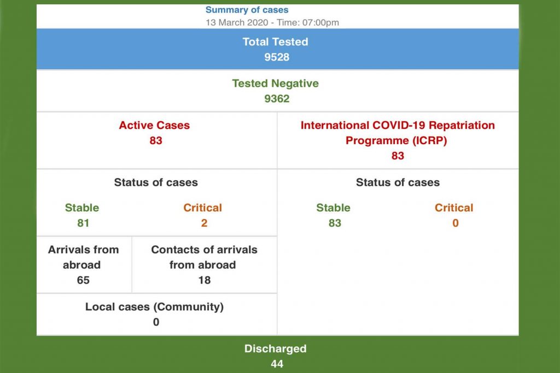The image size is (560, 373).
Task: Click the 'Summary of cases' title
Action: pos(247,10)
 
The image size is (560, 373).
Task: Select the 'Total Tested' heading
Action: pos(275,42)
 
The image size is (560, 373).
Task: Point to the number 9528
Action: pos(277,57)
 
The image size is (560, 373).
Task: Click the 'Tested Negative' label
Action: pos(275,84)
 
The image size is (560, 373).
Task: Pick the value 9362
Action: pos(277,99)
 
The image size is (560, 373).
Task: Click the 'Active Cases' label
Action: pos(154,125)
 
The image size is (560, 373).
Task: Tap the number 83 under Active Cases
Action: pos(156,140)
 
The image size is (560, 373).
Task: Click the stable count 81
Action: pos(83,223)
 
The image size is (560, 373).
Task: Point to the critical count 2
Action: pos(204,223)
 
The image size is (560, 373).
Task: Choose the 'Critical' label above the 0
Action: pos(454,208)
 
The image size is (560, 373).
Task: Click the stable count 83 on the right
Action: pos(335,223)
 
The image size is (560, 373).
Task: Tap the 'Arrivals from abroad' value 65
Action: pos(83,280)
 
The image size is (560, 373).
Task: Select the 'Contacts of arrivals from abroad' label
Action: pos(204,257)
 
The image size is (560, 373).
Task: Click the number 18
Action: pos(204,280)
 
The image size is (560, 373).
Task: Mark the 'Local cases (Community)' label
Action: pos(154,307)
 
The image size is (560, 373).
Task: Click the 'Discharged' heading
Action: pos(275,348)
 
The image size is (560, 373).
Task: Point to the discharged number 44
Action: pos(277,364)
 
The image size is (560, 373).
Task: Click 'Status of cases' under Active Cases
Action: pos(156,182)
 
